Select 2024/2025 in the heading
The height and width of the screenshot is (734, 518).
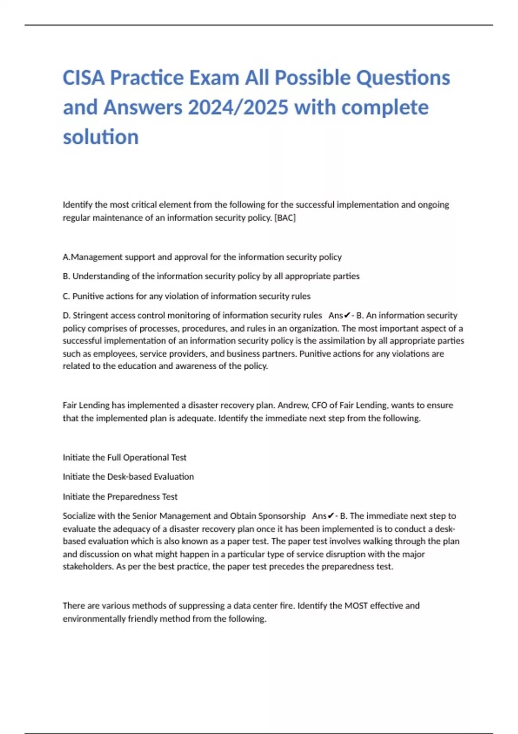coord(238,108)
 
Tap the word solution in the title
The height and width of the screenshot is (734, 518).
coord(101,137)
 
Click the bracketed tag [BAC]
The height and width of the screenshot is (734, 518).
coord(285,218)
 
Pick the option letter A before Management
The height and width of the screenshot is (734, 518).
coord(66,257)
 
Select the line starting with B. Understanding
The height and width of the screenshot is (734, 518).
coord(211,276)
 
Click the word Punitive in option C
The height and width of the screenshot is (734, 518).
coord(88,296)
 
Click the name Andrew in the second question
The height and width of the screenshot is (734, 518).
coord(293,405)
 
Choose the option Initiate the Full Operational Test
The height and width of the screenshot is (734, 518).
coord(124,458)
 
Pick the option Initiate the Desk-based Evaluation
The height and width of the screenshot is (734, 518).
coord(128,477)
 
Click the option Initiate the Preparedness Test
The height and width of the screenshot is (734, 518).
coord(120,497)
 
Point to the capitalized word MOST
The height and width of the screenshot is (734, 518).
coord(356,606)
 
